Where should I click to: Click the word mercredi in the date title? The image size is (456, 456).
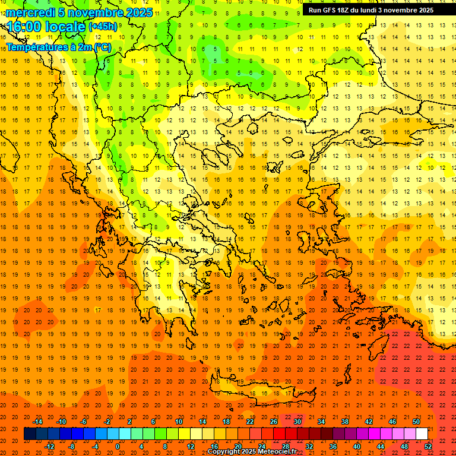tap(31, 12)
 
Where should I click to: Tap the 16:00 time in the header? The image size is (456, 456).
tap(24, 27)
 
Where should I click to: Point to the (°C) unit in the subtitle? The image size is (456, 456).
tap(101, 46)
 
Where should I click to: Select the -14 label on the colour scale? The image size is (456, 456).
tap(37, 422)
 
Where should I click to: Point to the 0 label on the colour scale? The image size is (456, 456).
tap(117, 446)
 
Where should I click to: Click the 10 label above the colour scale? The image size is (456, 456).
tap(178, 422)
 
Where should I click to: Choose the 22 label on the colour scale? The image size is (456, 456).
tap(250, 422)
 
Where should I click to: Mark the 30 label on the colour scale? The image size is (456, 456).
tap(297, 422)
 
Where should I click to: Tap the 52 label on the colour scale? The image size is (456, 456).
tap(428, 446)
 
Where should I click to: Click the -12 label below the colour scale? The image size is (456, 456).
tap(50, 446)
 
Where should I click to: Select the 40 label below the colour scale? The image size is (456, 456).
tap(357, 446)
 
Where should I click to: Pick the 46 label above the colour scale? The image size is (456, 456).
tap(392, 422)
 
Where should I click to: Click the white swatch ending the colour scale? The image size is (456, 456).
tap(422, 434)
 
